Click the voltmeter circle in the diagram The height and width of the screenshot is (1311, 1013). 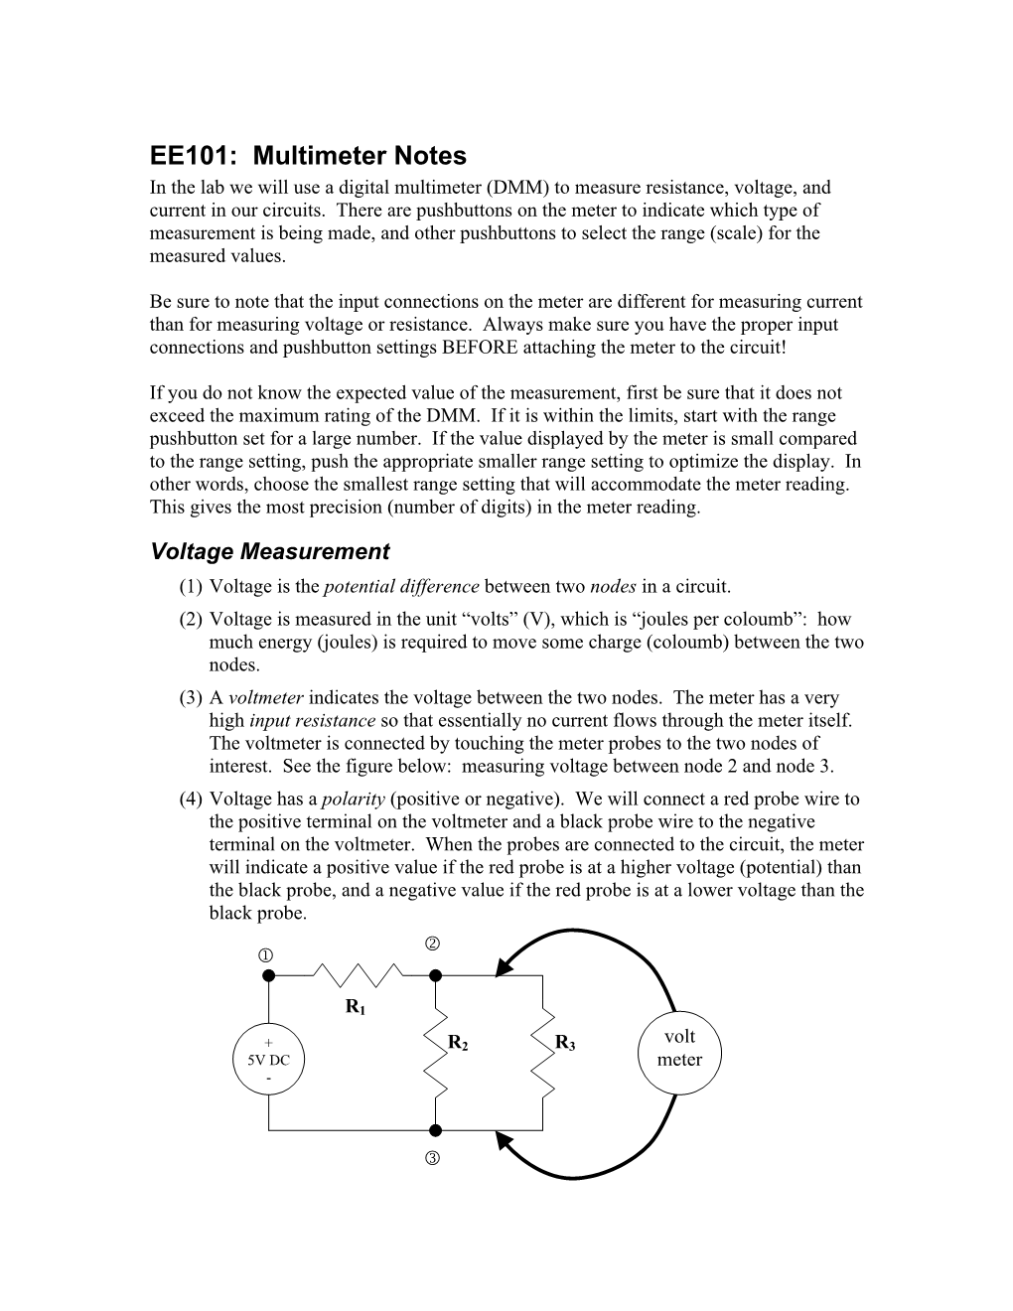[679, 1049]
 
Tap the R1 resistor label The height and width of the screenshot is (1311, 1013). [356, 1008]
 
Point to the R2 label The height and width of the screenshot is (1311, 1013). [458, 1042]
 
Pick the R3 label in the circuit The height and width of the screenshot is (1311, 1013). [565, 1042]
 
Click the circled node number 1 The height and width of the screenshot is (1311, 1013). [266, 955]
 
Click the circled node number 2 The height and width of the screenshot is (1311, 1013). [433, 943]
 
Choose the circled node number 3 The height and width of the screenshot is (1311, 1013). [433, 1159]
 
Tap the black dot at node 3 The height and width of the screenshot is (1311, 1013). [435, 1130]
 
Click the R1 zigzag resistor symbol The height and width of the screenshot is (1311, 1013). [359, 974]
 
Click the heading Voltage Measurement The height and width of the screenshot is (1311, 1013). [269, 551]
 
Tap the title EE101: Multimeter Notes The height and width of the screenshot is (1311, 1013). [308, 156]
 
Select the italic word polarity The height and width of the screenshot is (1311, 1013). [353, 800]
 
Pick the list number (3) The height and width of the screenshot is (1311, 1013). [191, 698]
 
